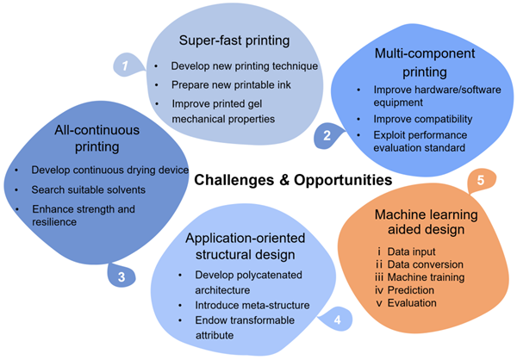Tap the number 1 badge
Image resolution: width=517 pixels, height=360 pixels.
click(x=126, y=65)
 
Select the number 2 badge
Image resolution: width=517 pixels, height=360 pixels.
click(x=327, y=135)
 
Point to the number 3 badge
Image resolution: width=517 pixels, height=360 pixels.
click(x=121, y=276)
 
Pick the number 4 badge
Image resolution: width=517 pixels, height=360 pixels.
click(x=335, y=320)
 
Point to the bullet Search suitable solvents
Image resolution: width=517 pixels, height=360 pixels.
click(x=88, y=189)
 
